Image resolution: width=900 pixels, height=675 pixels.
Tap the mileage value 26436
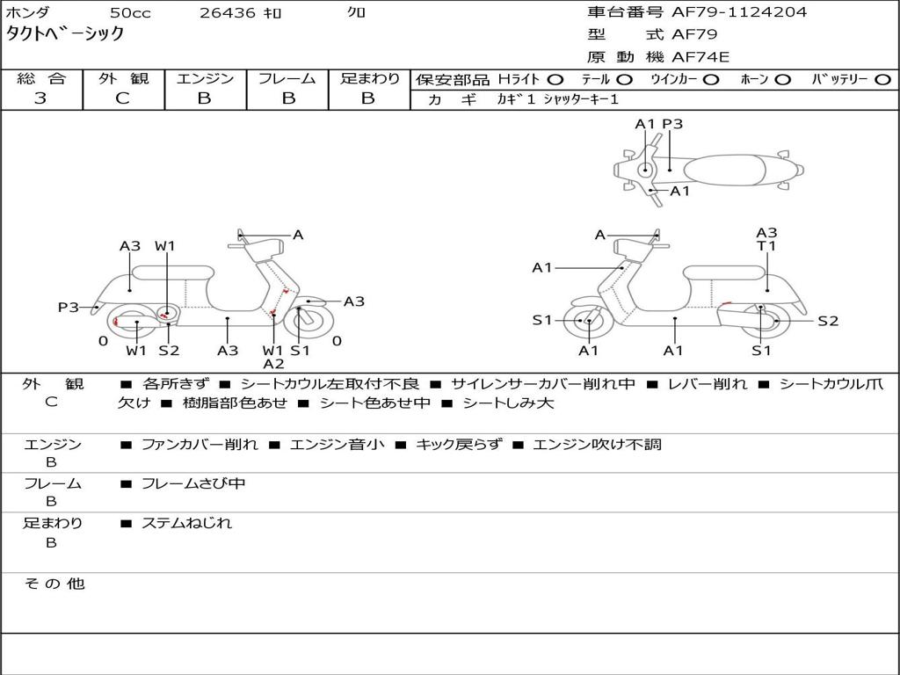pos(227,13)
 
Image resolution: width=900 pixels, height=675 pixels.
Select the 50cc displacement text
pos(129,13)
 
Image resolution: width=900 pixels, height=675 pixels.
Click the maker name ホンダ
pos(28,13)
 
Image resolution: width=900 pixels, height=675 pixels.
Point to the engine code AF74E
pos(700,57)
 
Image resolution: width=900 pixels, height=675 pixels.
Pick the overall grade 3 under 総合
pos(40,98)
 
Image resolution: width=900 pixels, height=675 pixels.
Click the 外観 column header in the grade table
pos(123,78)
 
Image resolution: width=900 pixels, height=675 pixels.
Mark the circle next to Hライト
pos(555,80)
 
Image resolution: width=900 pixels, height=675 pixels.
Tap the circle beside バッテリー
pos(882,80)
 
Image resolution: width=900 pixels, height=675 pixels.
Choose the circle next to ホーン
pos(783,80)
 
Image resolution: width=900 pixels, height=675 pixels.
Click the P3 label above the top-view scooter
pos(672,124)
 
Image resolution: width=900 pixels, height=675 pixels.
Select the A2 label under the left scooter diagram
pos(273,364)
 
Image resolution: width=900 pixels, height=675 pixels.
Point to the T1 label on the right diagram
pos(766,246)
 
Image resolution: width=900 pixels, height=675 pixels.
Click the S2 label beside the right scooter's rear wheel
pos(828,321)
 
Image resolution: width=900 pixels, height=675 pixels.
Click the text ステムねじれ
pos(186,523)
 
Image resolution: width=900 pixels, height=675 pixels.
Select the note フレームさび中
pos(193,483)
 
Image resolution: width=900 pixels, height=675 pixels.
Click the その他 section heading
pos(54,584)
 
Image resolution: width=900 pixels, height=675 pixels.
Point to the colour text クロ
pos(356,13)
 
